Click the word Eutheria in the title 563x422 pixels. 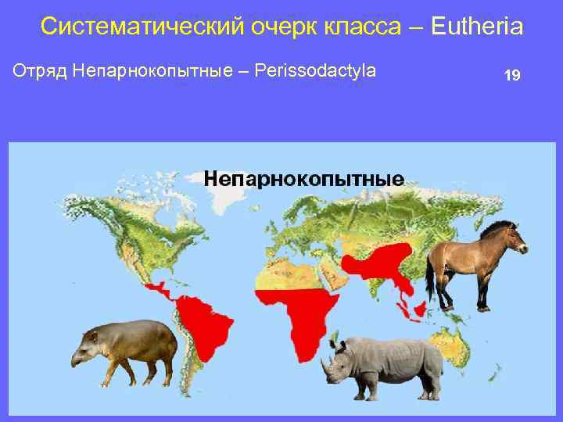[476, 27]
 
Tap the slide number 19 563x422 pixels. [512, 76]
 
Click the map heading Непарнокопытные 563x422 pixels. [303, 178]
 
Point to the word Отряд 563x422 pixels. [39, 71]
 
